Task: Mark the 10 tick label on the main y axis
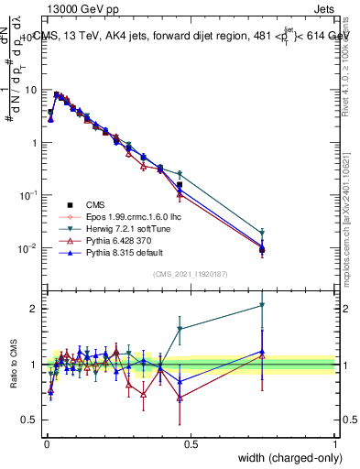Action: coord(31,90)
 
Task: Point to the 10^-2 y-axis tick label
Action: coord(29,248)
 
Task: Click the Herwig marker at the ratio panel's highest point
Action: coord(263,305)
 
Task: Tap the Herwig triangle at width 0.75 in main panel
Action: coord(263,234)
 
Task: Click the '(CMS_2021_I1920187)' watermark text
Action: coord(191,274)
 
